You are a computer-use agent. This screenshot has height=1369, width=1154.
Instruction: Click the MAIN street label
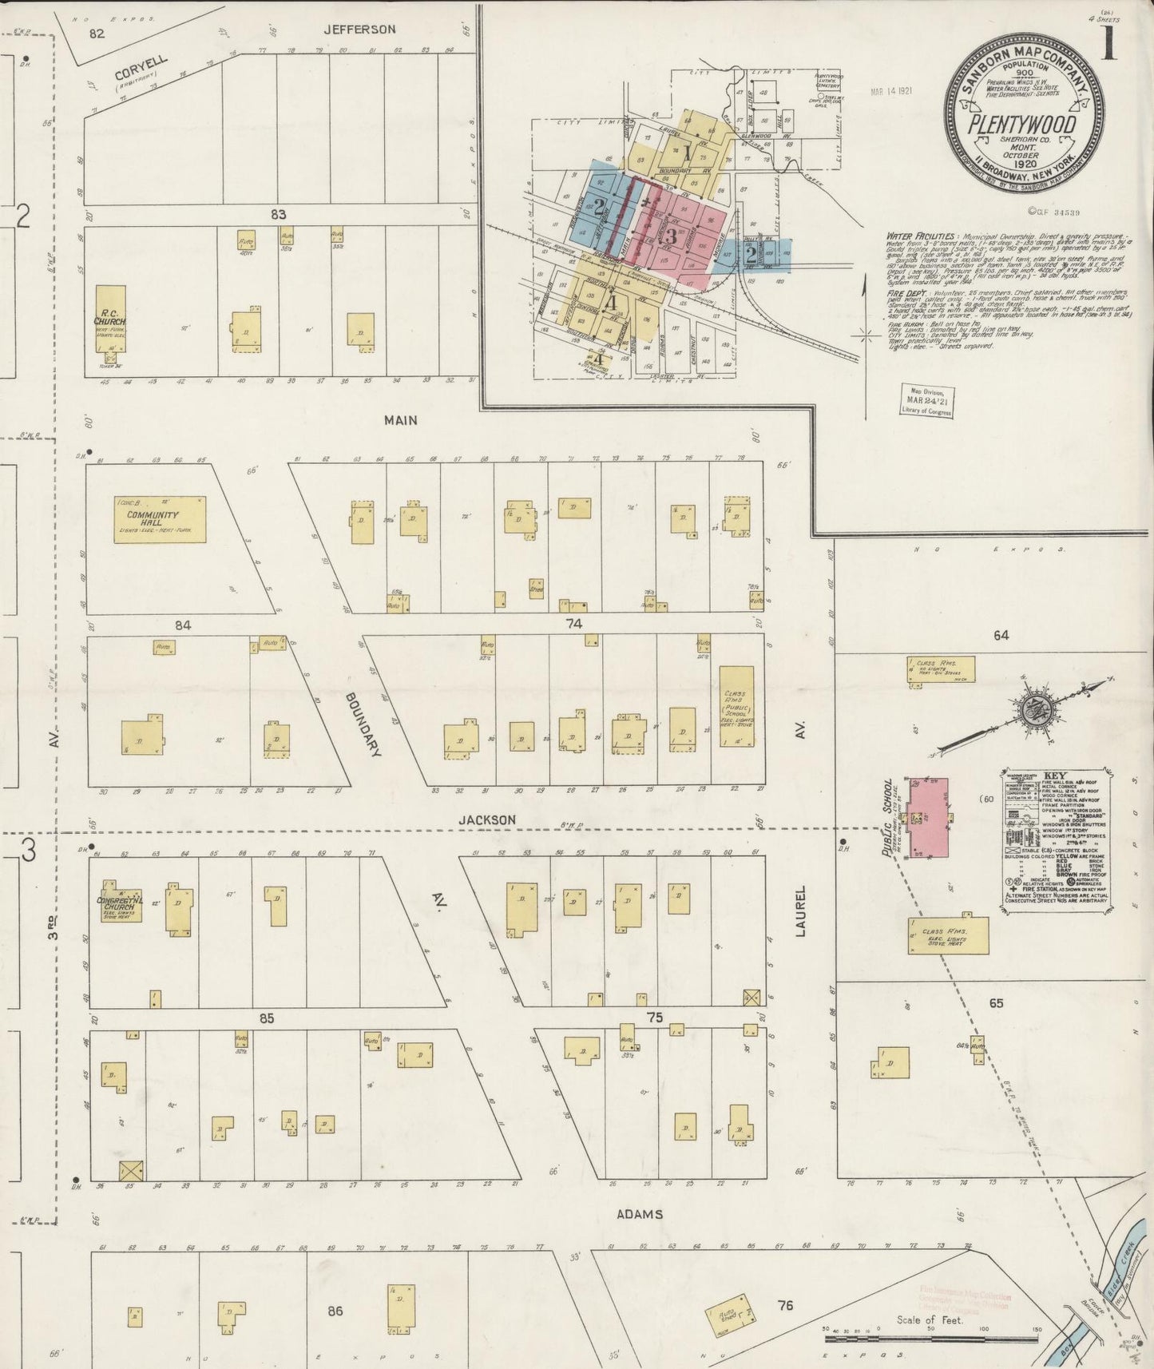click(400, 420)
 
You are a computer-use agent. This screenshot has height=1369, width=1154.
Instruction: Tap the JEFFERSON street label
click(359, 30)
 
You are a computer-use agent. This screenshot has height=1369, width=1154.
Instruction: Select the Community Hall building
click(159, 520)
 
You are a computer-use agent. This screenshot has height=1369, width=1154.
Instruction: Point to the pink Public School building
click(926, 817)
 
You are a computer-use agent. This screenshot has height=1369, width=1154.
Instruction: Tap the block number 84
click(183, 625)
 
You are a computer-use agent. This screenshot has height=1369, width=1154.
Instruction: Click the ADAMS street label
click(640, 1215)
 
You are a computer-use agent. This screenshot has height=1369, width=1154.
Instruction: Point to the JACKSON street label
click(486, 819)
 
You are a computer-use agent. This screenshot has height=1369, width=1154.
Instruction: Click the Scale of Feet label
click(930, 1320)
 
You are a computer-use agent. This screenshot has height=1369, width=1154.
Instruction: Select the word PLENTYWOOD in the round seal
click(1021, 126)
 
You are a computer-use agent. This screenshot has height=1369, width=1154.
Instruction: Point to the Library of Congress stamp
click(926, 400)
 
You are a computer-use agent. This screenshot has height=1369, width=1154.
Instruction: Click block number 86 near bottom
click(335, 1311)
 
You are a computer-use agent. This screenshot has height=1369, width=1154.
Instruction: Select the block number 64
click(1001, 635)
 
